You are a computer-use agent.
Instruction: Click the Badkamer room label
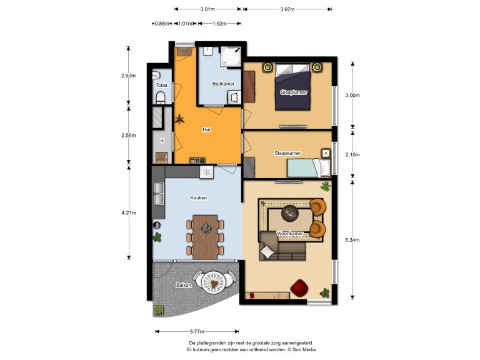[x=224, y=84]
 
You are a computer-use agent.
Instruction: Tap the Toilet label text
[x=162, y=85]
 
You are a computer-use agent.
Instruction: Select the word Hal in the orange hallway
[x=206, y=129]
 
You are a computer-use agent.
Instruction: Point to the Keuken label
[x=199, y=197]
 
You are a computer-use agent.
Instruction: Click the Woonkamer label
[x=290, y=233]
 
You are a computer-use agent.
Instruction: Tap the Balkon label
[x=184, y=285]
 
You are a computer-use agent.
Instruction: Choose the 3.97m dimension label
[x=287, y=9]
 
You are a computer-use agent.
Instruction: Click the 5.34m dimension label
[x=352, y=240]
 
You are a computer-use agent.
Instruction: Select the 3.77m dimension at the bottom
[x=197, y=331]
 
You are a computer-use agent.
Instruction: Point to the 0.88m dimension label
[x=162, y=23]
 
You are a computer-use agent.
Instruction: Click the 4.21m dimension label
[x=129, y=212]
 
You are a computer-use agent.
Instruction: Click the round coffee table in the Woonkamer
[x=290, y=213]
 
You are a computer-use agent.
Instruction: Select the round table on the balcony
[x=214, y=282]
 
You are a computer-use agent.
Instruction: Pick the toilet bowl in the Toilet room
[x=161, y=98]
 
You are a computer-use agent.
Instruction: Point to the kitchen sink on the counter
[x=159, y=194]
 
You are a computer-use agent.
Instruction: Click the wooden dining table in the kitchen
[x=205, y=237]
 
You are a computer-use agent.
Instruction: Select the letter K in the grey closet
[x=162, y=141]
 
